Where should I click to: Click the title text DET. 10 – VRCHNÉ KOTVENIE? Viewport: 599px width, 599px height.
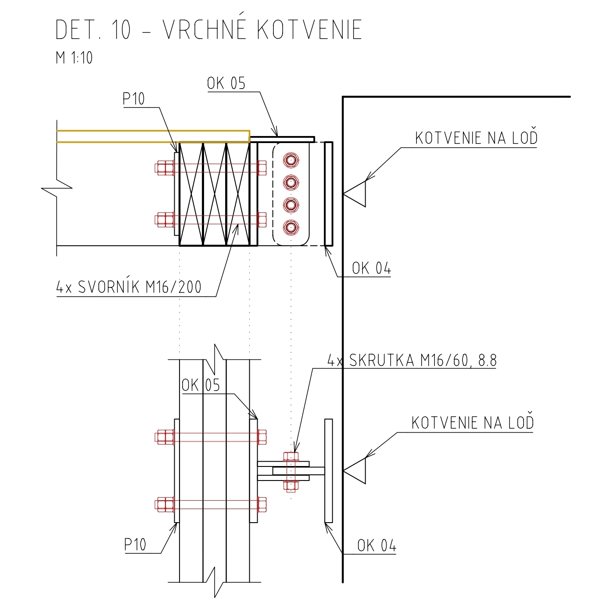208,30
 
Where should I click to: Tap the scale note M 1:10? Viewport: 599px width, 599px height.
74,57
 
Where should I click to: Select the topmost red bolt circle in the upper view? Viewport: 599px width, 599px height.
291,160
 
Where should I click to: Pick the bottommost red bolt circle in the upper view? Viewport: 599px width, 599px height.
291,227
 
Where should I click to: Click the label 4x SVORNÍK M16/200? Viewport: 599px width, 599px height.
129,287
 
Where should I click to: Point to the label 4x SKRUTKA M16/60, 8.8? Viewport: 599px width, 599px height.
412,360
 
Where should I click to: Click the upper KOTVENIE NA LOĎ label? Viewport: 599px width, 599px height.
476,138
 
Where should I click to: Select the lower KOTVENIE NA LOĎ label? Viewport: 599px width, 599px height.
473,423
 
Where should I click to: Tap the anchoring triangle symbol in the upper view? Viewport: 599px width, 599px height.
356,193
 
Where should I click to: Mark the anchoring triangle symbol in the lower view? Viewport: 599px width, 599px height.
356,471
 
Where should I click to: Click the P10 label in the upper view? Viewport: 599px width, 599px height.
133,99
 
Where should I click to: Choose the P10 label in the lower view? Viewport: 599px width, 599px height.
135,545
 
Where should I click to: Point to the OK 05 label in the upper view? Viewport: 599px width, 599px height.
226,83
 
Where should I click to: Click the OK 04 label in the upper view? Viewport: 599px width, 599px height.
371,268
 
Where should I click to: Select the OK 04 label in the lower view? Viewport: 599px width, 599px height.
377,545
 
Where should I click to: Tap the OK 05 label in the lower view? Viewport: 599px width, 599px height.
201,385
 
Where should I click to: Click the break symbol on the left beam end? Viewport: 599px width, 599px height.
57,189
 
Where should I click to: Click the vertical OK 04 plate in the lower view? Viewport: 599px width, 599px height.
328,470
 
